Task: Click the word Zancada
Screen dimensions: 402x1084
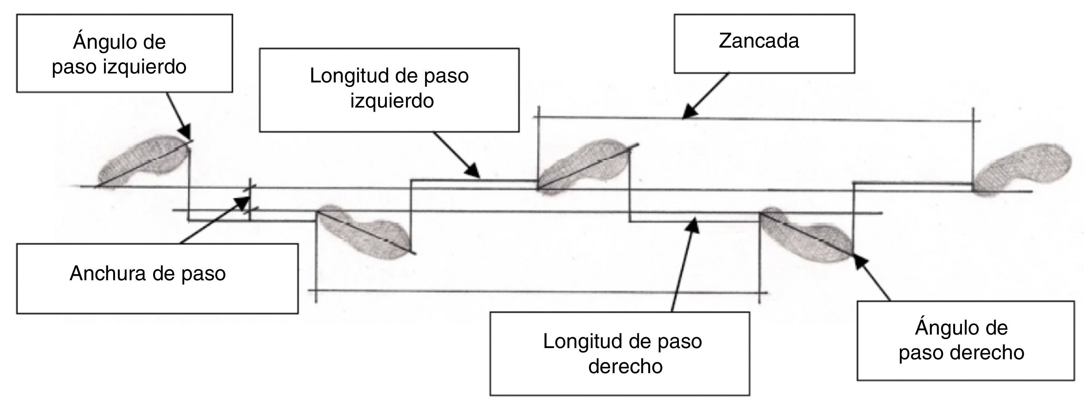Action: click(759, 41)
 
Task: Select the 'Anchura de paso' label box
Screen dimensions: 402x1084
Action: click(157, 278)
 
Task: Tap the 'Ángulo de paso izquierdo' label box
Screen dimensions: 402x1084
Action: click(124, 54)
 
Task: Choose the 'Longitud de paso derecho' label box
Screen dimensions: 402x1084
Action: click(619, 353)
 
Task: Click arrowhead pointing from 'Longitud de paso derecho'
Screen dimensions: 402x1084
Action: click(693, 225)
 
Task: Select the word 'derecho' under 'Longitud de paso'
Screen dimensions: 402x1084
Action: click(625, 366)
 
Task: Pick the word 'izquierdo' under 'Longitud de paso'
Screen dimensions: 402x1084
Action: click(392, 101)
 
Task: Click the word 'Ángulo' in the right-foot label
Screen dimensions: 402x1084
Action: click(940, 327)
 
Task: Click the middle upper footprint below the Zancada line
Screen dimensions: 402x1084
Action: click(583, 166)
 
